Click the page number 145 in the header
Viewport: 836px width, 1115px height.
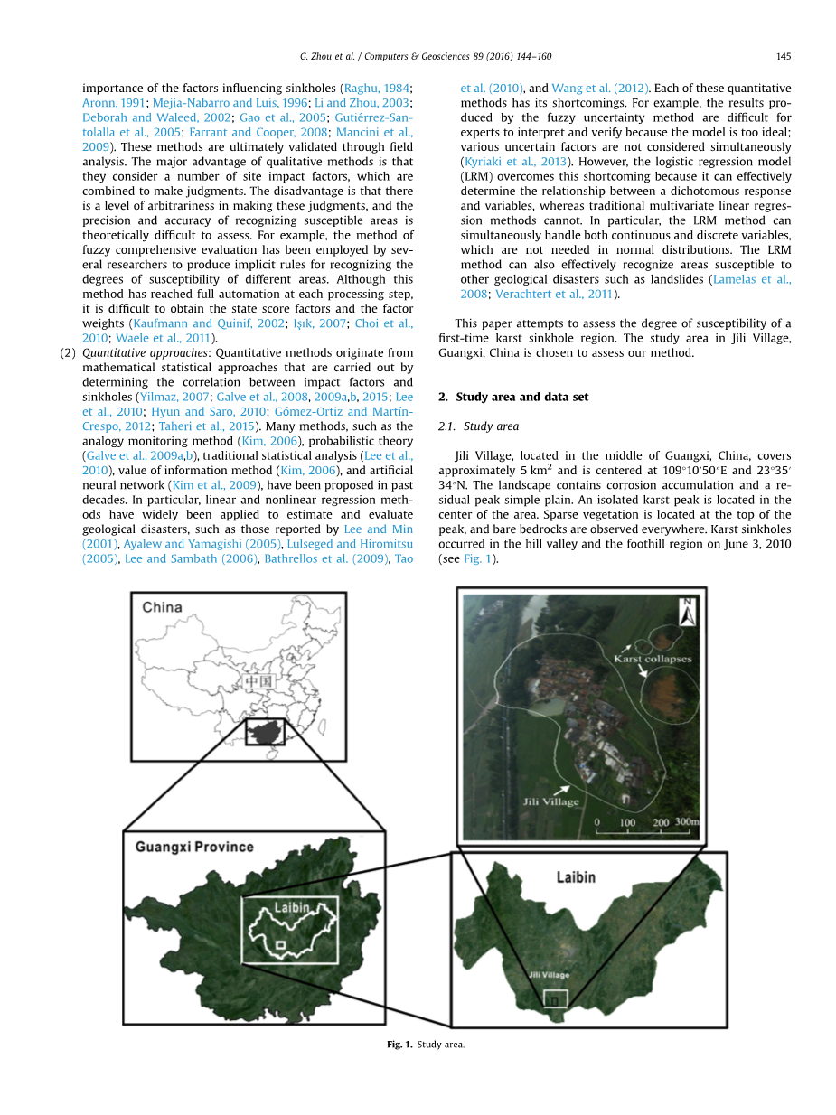pos(784,56)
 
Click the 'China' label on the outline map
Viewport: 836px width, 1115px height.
pos(162,607)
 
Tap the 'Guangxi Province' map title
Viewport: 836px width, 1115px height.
pos(194,847)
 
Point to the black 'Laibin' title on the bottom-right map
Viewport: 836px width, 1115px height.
pos(576,876)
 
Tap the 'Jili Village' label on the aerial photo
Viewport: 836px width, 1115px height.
pos(550,801)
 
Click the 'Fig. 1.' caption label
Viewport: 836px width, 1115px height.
pos(399,1045)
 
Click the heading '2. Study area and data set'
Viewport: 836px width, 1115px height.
pos(514,397)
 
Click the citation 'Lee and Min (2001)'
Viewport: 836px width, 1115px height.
pos(378,529)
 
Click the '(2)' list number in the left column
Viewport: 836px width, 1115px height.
pos(68,352)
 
